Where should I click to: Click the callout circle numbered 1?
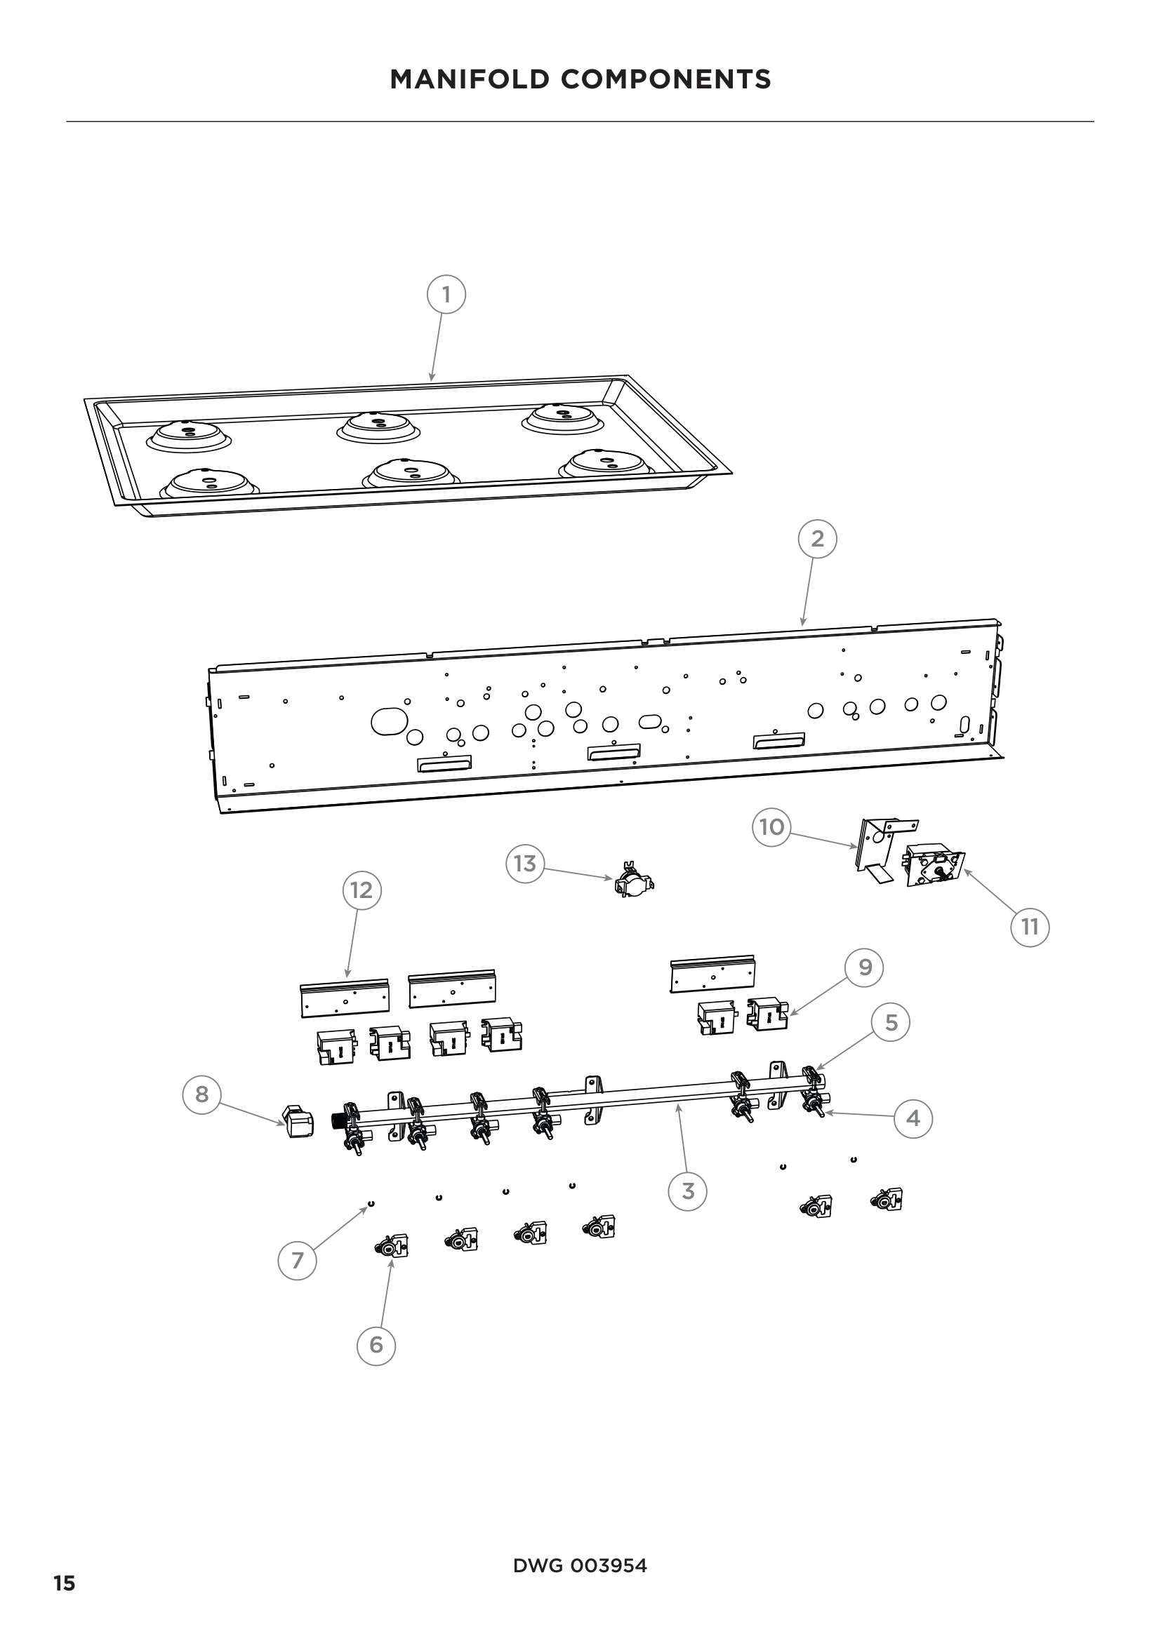[x=446, y=295]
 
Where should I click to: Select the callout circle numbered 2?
[x=817, y=539]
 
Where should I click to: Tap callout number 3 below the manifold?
[x=688, y=1191]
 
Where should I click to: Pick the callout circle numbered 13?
[x=525, y=864]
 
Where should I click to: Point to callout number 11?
[x=1030, y=927]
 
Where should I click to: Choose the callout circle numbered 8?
[x=201, y=1094]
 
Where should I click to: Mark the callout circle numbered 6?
[x=376, y=1345]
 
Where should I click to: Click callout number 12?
[x=361, y=890]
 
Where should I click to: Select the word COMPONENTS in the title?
[x=665, y=79]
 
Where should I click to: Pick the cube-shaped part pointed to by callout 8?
[x=298, y=1122]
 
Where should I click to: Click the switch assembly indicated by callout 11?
[x=934, y=866]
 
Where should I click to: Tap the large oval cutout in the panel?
[x=390, y=721]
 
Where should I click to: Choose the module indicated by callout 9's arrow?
[x=767, y=1014]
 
